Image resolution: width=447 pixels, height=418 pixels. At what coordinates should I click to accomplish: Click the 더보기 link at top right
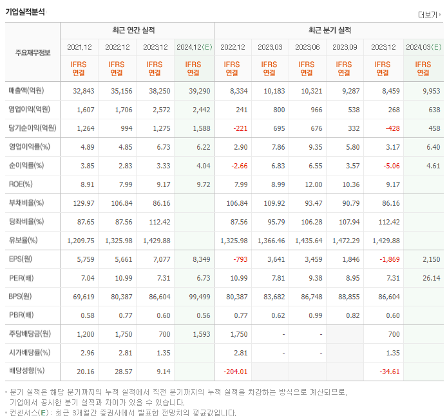tap(428, 14)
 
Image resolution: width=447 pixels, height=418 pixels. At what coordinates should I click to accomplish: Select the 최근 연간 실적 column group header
tap(137, 30)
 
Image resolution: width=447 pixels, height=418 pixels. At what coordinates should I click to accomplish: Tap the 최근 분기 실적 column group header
tap(329, 30)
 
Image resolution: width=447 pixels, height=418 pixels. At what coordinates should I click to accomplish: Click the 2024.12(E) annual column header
tap(193, 47)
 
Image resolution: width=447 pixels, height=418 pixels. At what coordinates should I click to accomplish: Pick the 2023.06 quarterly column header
tap(307, 47)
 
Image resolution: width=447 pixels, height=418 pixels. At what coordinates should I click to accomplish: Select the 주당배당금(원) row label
tap(31, 334)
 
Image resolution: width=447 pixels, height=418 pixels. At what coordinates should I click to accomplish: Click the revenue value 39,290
tap(200, 91)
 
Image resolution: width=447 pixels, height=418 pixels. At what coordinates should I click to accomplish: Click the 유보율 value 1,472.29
tap(344, 241)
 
